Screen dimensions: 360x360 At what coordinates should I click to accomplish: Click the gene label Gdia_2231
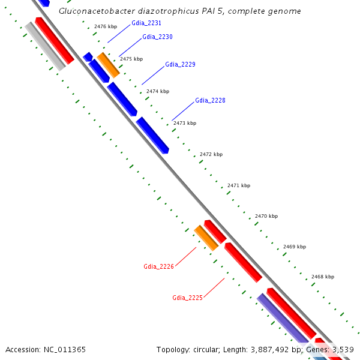[146, 23]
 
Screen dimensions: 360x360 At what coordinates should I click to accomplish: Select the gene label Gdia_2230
[157, 37]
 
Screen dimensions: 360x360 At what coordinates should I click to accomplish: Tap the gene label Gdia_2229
[180, 64]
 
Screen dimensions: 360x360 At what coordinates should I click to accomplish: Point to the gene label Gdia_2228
[210, 100]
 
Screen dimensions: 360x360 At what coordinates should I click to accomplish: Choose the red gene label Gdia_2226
[158, 266]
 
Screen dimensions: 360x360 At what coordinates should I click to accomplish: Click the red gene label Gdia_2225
[187, 298]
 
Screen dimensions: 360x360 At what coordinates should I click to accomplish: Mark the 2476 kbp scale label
[106, 26]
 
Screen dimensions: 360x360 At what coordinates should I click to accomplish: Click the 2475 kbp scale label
[131, 59]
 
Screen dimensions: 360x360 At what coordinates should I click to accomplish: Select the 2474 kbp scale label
[158, 91]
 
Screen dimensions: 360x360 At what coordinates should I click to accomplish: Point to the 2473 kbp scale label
[184, 123]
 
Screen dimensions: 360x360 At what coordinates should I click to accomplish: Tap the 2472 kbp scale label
[211, 154]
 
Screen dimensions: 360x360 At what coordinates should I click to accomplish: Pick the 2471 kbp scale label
[238, 185]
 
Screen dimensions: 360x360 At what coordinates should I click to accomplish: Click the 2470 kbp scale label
[266, 216]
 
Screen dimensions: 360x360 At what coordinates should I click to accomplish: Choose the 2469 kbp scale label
[294, 247]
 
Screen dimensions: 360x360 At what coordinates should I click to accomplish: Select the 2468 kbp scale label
[323, 277]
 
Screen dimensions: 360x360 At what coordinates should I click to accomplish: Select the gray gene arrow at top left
[45, 46]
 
